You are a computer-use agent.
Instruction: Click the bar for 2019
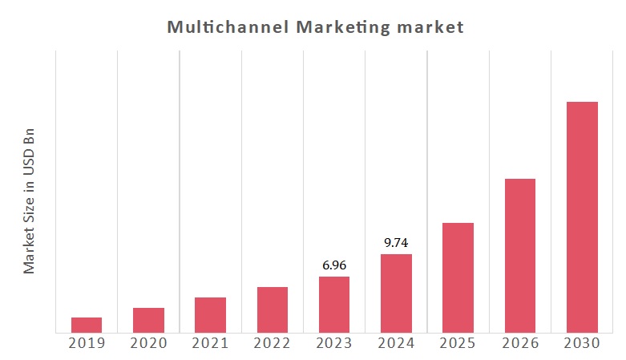coord(87,325)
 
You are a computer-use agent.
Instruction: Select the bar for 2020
coord(148,320)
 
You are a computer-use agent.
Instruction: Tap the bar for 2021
coord(210,314)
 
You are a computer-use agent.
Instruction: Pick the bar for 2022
coord(273,309)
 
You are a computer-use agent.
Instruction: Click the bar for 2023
coord(334,305)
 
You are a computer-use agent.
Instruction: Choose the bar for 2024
coord(396,293)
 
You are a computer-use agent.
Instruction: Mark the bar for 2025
coord(458,277)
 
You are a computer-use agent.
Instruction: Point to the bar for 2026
coord(520,256)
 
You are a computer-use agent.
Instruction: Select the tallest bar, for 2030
coord(582,217)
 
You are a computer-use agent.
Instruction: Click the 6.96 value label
coord(334,265)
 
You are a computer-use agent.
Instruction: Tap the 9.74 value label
coord(396,242)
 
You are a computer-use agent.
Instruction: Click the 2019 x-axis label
coord(87,343)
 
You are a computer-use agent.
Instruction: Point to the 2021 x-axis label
coord(210,343)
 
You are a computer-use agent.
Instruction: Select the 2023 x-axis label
coord(334,343)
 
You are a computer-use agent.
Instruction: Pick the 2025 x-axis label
coord(458,343)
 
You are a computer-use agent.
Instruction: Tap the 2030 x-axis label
coord(582,343)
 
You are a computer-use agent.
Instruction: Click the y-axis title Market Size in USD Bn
coord(30,199)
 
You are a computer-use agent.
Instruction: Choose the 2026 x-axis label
coord(520,343)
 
